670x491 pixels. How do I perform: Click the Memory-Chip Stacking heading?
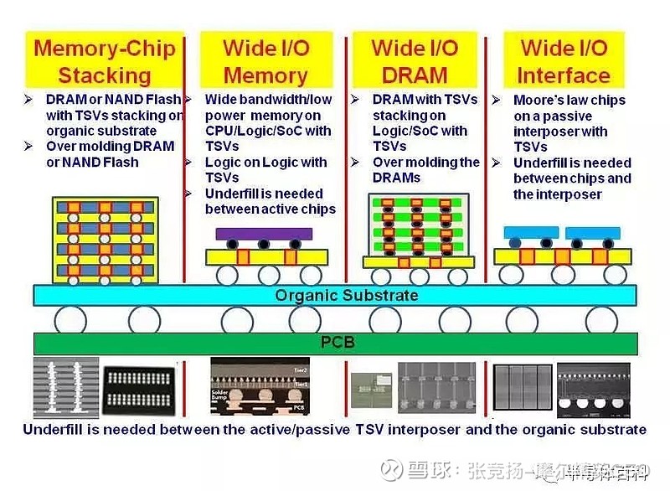tap(105, 59)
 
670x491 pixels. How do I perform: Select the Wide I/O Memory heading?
tap(265, 59)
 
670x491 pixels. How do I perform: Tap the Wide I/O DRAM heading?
tap(415, 59)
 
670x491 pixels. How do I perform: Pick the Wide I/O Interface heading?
tap(564, 59)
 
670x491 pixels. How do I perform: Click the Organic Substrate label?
tap(346, 295)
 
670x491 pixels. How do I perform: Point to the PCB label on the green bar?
tap(338, 342)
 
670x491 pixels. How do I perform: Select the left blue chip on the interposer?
tap(530, 233)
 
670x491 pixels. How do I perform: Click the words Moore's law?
tap(544, 101)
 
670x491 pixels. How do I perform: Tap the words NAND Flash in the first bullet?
tap(143, 100)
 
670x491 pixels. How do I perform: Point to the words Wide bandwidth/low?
tap(268, 100)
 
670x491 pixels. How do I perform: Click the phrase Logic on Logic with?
tap(265, 163)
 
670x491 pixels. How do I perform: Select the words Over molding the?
tap(425, 163)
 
